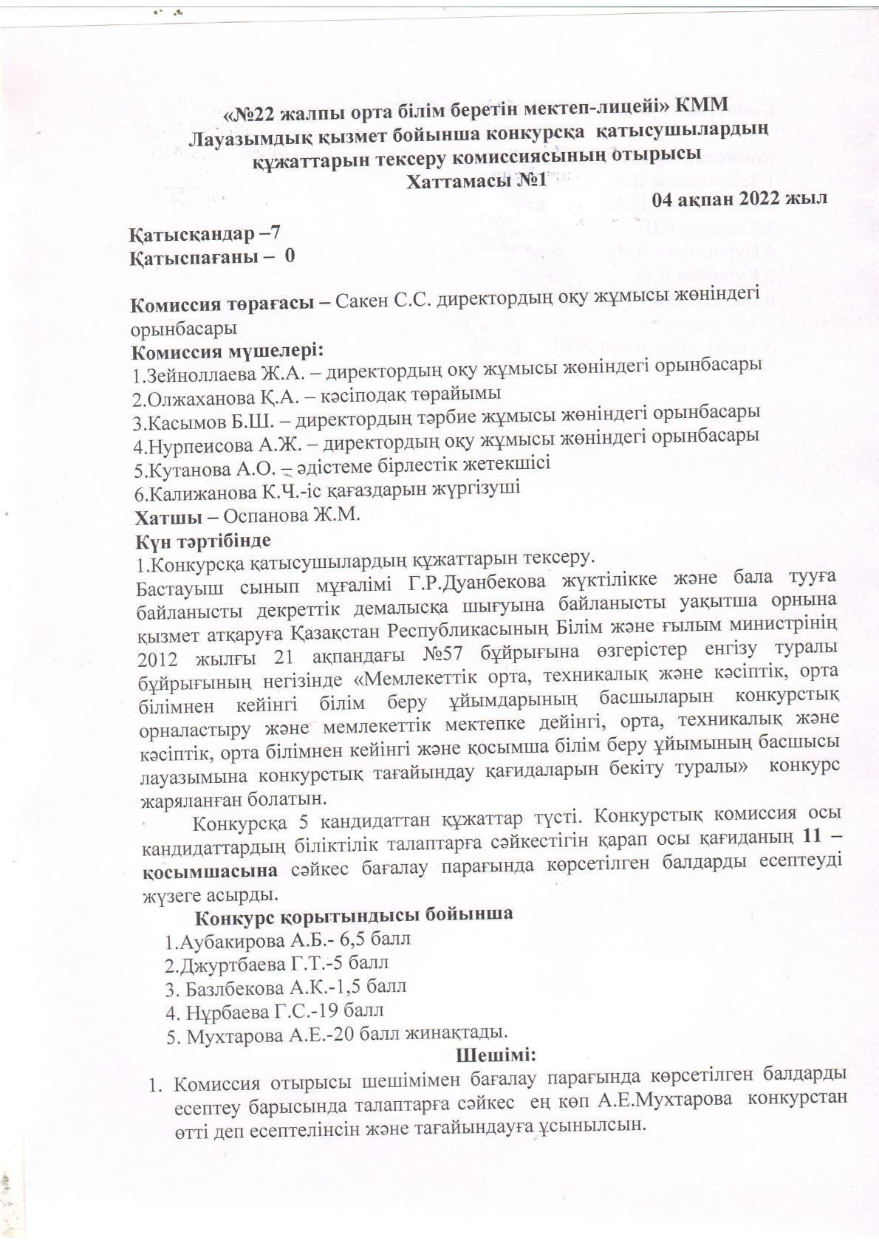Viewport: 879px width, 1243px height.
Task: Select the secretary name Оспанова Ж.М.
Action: click(292, 515)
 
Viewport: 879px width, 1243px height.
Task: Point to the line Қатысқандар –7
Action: click(205, 233)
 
